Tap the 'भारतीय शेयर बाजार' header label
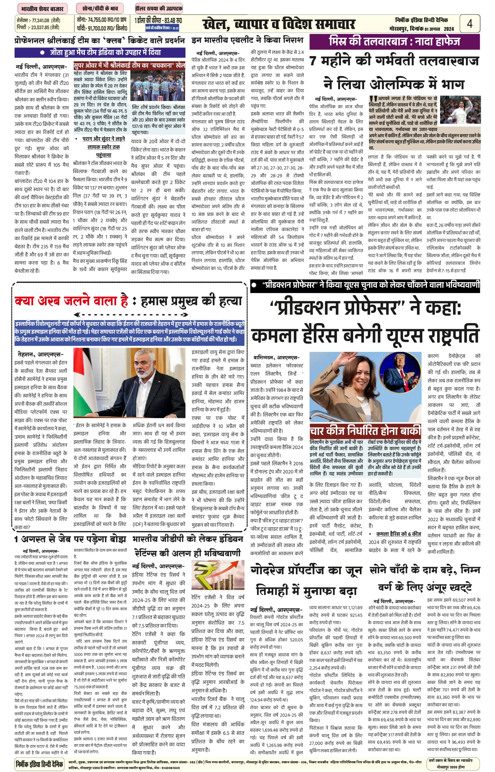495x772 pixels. (42, 9)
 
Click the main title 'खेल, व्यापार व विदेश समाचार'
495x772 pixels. (279, 24)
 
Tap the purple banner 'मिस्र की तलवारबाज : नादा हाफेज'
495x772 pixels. (394, 42)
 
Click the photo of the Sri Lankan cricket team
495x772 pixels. (158, 85)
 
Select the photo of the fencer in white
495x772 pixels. (460, 110)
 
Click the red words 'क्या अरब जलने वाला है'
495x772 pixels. (71, 301)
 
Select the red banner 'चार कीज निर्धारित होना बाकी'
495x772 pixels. (365, 431)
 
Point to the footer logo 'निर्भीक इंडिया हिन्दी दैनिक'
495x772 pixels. (39, 764)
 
